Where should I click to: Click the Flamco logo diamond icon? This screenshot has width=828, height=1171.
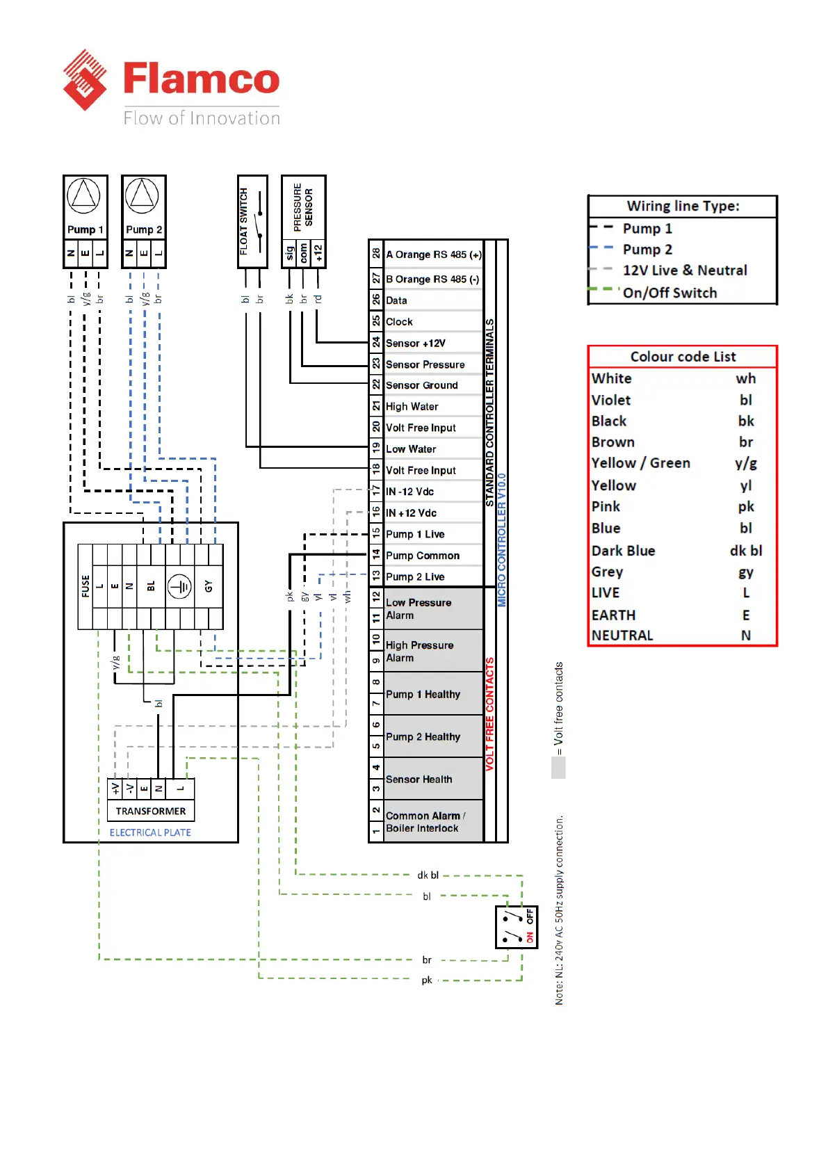coord(85,80)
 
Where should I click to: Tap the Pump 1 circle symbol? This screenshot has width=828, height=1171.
coord(83,195)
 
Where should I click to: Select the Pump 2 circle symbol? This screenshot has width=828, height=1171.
coord(143,195)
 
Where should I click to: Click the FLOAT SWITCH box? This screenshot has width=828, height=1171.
coord(252,221)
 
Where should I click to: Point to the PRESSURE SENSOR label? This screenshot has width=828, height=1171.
coord(303,207)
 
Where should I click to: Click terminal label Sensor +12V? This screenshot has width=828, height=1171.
coord(416,343)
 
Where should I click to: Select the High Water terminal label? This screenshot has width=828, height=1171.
coord(412,406)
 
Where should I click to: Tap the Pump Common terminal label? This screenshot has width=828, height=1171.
coord(423,556)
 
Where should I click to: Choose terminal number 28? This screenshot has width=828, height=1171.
coord(376,253)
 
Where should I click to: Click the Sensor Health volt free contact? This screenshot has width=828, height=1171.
coord(419,780)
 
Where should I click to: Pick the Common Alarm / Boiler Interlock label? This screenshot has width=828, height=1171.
coord(424,822)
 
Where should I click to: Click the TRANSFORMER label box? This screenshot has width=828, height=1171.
coord(151,811)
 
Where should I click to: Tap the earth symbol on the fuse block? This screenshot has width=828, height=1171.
coord(179,587)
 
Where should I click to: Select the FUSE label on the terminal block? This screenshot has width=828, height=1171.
coord(86,586)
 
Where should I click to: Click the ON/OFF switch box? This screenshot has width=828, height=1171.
coord(516,927)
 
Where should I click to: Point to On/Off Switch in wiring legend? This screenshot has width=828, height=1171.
coord(669,293)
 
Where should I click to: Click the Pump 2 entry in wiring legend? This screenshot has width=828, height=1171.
coord(647,249)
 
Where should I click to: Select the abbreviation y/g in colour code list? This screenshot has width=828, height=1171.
coord(746,464)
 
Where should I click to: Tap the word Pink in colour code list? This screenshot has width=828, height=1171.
coord(606,507)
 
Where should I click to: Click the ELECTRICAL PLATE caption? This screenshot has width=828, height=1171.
coord(150,832)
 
